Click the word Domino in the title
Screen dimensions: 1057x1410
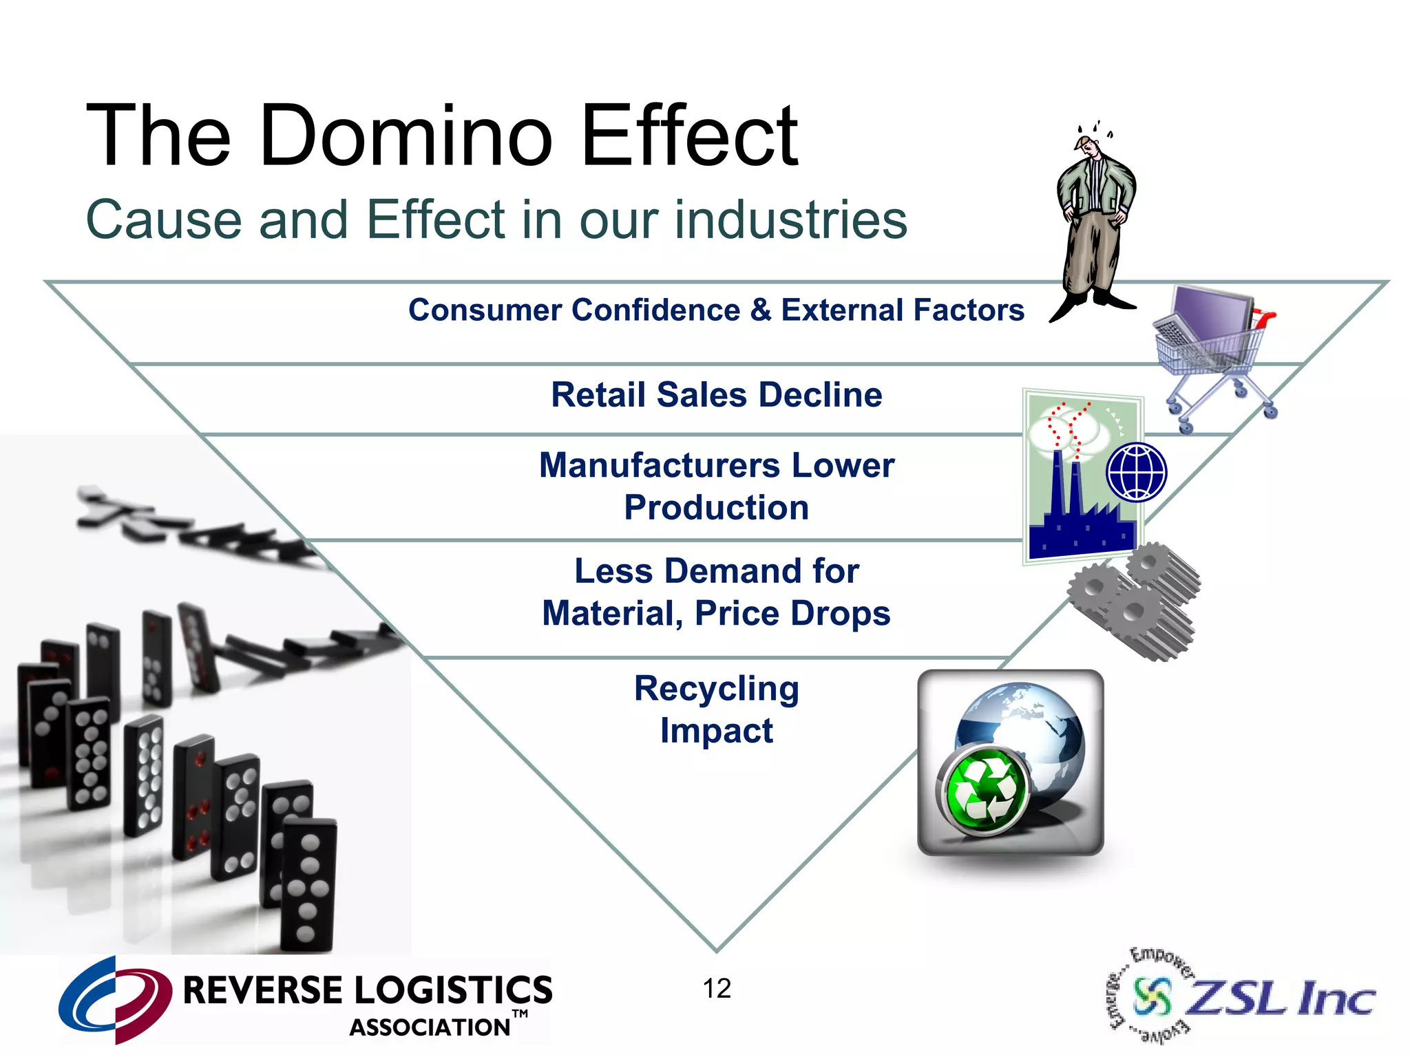click(406, 136)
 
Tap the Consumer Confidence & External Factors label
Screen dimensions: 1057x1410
click(716, 310)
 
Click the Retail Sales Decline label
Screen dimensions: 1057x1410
click(716, 395)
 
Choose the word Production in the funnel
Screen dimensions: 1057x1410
click(716, 508)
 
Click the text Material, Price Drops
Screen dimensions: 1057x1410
click(716, 613)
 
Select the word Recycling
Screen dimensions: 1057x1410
click(716, 688)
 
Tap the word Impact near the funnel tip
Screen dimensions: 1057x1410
click(716, 731)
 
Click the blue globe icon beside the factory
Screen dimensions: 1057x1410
click(1136, 472)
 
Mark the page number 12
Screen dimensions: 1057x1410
click(716, 989)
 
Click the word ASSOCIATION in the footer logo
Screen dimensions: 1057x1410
click(430, 1027)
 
